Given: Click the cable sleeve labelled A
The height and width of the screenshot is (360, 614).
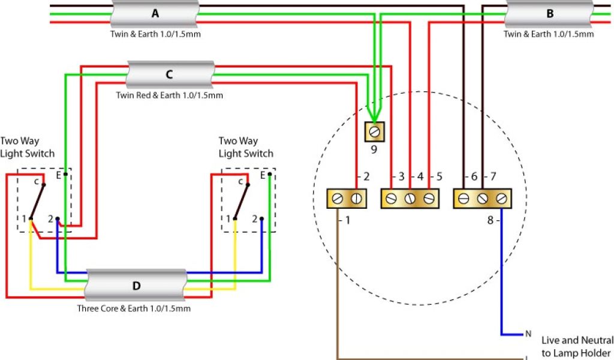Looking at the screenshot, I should click(155, 13).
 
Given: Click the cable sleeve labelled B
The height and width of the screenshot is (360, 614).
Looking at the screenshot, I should click(550, 13).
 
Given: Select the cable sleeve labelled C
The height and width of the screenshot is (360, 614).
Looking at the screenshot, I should click(170, 75).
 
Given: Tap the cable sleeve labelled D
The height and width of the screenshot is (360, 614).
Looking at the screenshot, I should click(136, 286).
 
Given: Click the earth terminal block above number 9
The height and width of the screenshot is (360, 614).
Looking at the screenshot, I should click(375, 131).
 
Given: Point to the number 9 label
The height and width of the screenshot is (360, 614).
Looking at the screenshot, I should click(374, 149).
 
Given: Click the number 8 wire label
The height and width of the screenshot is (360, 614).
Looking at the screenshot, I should click(490, 220).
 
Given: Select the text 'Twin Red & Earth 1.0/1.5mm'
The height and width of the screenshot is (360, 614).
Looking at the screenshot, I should click(169, 95).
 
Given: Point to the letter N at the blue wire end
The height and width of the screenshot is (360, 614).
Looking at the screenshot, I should click(528, 334).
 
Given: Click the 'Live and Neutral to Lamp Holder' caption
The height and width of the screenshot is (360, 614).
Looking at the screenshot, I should click(577, 346).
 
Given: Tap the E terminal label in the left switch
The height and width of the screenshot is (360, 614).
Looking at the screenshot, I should click(58, 175).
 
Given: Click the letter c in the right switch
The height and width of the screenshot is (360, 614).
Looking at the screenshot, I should click(240, 181).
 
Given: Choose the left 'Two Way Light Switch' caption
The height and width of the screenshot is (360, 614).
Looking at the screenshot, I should click(27, 147).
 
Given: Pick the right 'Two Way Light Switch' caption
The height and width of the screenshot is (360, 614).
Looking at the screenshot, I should click(246, 147).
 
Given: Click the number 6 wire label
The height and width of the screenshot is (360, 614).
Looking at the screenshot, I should click(474, 177).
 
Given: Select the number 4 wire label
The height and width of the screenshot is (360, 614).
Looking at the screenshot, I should click(420, 177).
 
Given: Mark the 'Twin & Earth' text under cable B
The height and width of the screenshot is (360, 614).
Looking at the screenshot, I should click(549, 34).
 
